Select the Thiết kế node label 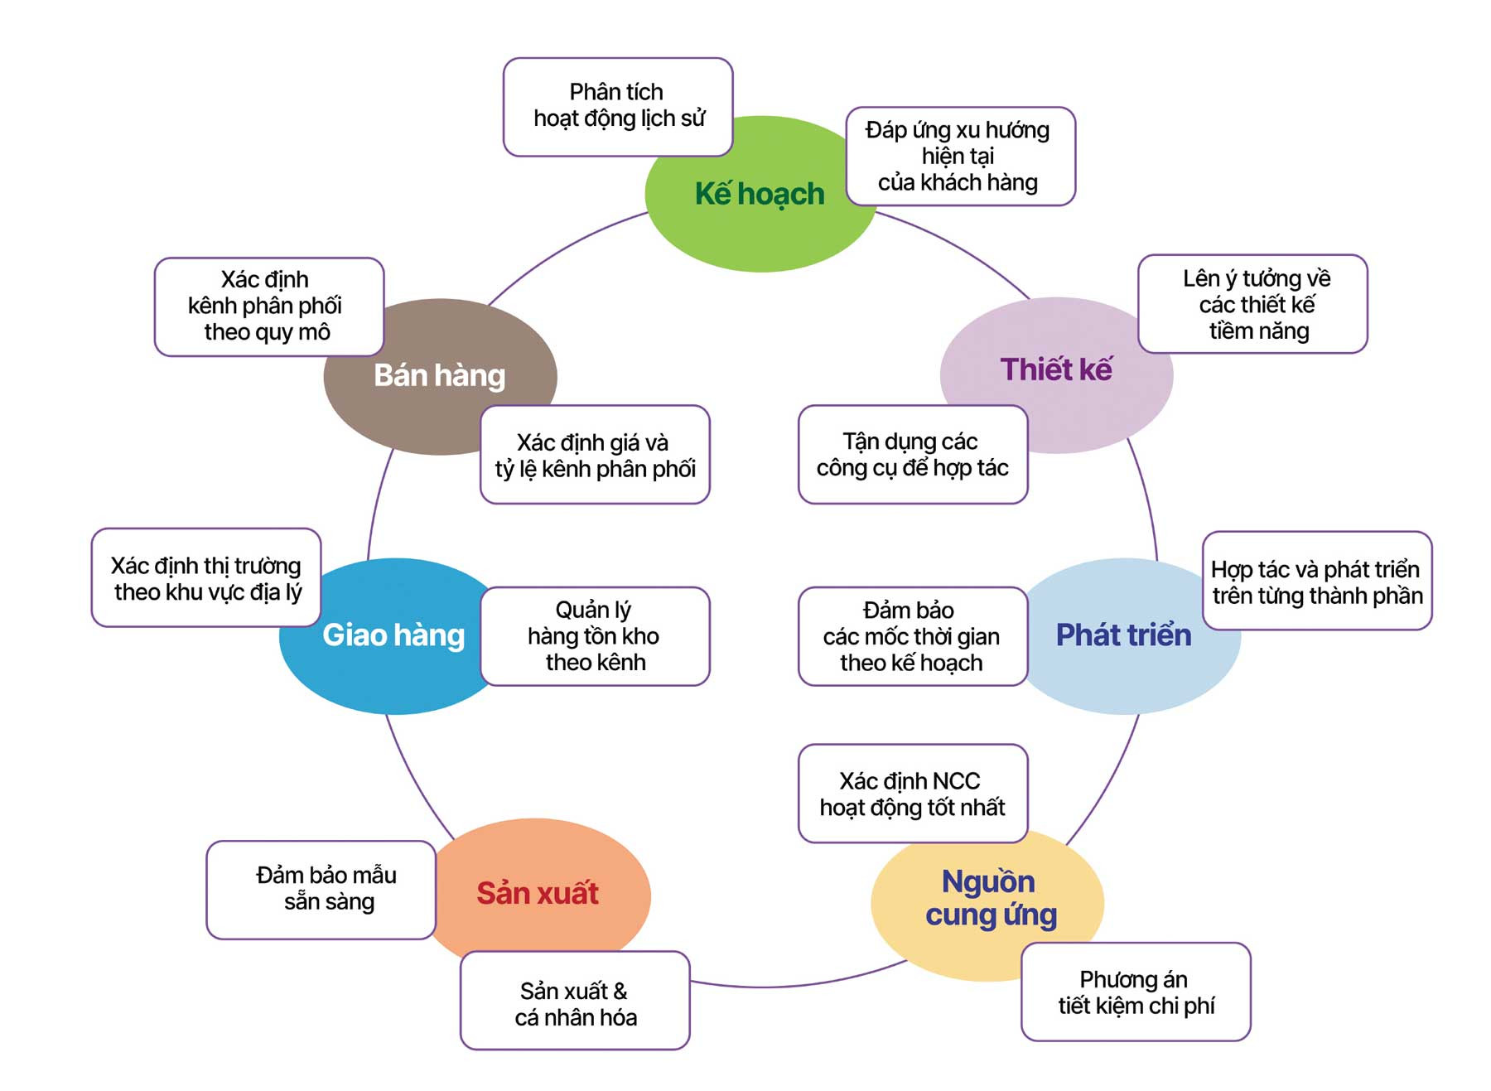pyautogui.click(x=1056, y=369)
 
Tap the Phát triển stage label pyautogui.click(x=1123, y=635)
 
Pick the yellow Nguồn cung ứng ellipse pyautogui.click(x=990, y=899)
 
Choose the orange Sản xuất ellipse pyautogui.click(x=538, y=893)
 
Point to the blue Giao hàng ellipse pyautogui.click(x=393, y=635)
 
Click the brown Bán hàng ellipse pyautogui.click(x=439, y=376)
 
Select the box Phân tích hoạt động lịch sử pyautogui.click(x=618, y=106)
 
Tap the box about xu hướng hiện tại pyautogui.click(x=959, y=156)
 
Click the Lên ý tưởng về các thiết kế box pyautogui.click(x=1252, y=304)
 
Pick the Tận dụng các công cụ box pyautogui.click(x=912, y=455)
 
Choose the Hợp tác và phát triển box pyautogui.click(x=1316, y=582)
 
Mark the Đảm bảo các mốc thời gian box pyautogui.click(x=912, y=636)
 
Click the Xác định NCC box pyautogui.click(x=912, y=794)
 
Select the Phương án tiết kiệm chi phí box pyautogui.click(x=1136, y=992)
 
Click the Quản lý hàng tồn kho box pyautogui.click(x=595, y=636)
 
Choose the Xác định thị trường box pyautogui.click(x=206, y=578)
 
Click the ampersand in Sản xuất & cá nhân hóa pyautogui.click(x=620, y=991)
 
